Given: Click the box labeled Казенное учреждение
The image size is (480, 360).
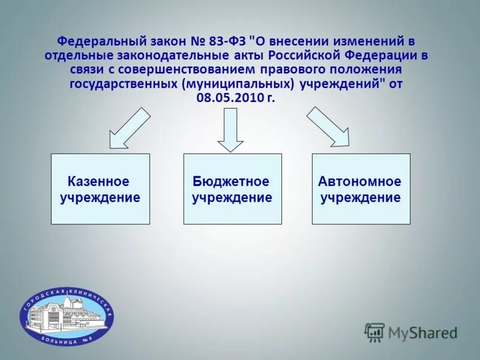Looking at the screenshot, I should coord(100,189).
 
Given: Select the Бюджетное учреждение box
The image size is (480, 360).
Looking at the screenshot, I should coord(232,189).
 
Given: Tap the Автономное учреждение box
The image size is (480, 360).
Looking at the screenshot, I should coord(361,189).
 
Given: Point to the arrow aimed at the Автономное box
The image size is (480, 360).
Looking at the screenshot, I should coord(329,127).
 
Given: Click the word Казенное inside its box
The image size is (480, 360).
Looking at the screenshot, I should coord(98,181).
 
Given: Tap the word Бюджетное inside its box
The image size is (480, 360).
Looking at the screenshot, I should coord(231,181).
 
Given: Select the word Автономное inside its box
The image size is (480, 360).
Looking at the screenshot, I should coord(360,181).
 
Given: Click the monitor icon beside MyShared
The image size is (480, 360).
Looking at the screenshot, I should coord(374,332).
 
